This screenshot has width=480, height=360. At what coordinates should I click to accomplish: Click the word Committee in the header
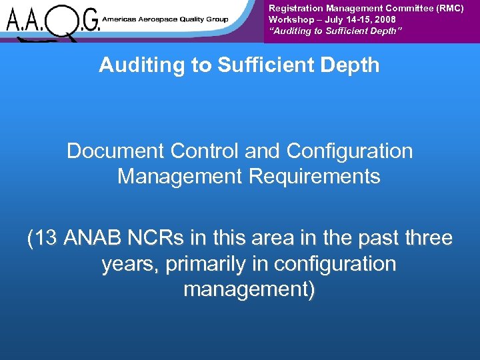click(x=408, y=8)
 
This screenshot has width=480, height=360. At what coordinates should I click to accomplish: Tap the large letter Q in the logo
click(x=66, y=21)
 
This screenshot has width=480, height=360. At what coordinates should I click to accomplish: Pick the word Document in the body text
click(x=116, y=151)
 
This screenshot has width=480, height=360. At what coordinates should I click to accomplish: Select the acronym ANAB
click(x=90, y=238)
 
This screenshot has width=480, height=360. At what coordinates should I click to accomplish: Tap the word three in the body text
click(x=427, y=238)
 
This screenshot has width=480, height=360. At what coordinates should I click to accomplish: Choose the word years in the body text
click(x=131, y=264)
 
